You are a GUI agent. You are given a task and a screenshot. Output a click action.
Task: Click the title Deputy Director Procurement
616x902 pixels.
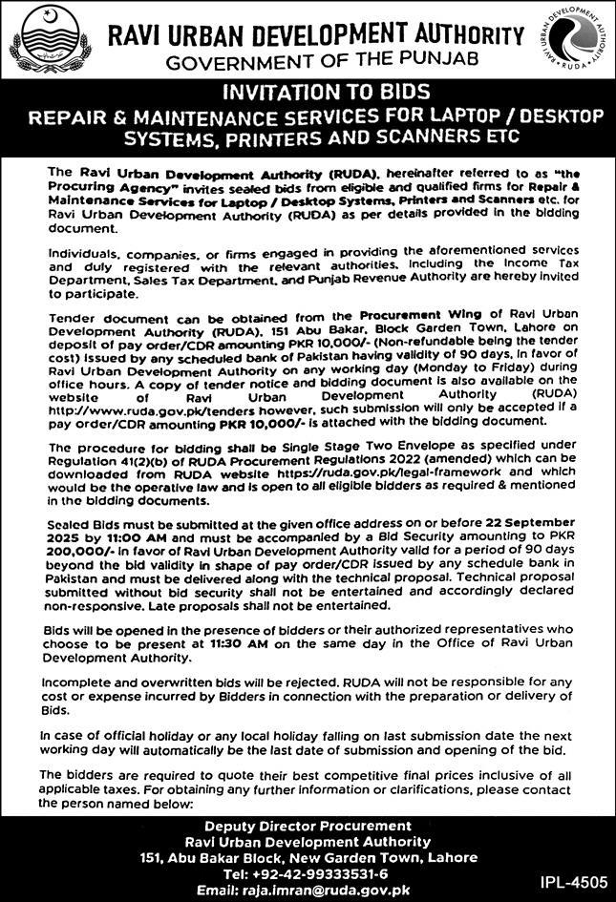point(309,826)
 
